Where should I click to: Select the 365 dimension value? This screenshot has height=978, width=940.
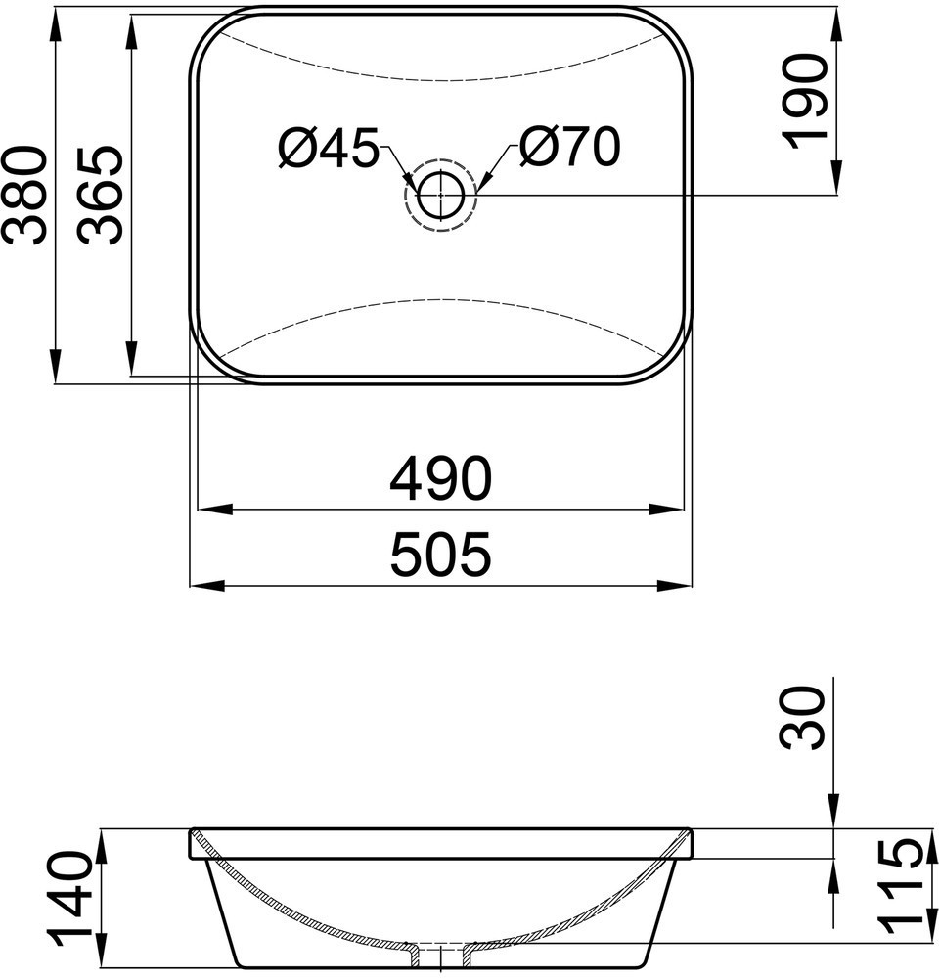[x=100, y=195]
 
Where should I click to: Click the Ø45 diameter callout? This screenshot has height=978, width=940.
[x=329, y=149]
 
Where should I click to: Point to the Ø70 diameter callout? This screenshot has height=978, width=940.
[x=569, y=148]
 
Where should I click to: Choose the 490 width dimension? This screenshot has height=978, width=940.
[x=441, y=478]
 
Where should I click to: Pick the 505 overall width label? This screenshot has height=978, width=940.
[x=441, y=554]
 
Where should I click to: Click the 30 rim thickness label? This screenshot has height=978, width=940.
[x=802, y=717]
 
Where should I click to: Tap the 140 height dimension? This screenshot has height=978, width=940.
[x=69, y=900]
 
